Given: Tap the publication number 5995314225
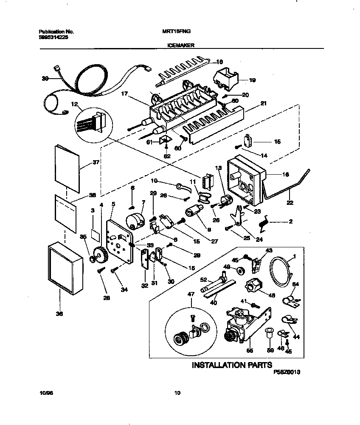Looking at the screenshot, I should point(53,37).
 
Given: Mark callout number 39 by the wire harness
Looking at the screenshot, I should point(45,78).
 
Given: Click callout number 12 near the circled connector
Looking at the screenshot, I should point(74,104).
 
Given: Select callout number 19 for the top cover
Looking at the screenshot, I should point(252,79).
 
